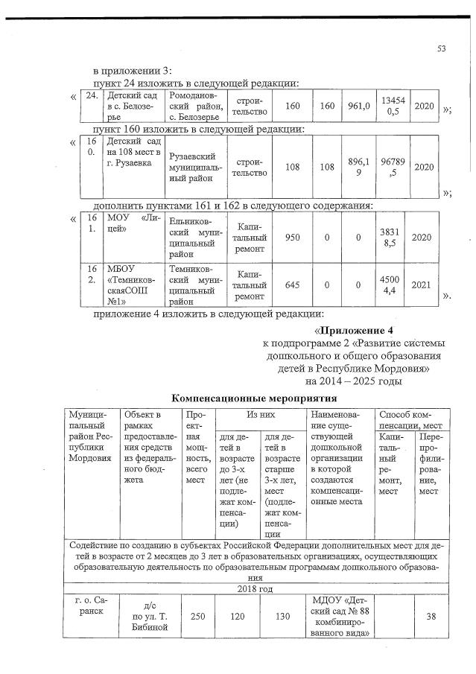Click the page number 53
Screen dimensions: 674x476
(441, 49)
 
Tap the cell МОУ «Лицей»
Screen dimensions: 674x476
(133, 223)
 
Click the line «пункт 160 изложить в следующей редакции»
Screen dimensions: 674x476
(198, 130)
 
